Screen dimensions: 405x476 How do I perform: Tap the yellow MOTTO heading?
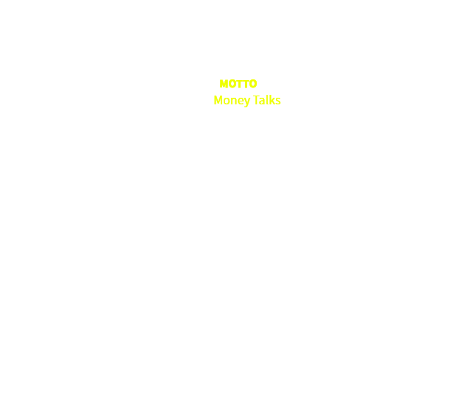pyautogui.click(x=238, y=84)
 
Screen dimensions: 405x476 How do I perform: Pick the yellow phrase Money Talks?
pyautogui.click(x=247, y=100)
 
